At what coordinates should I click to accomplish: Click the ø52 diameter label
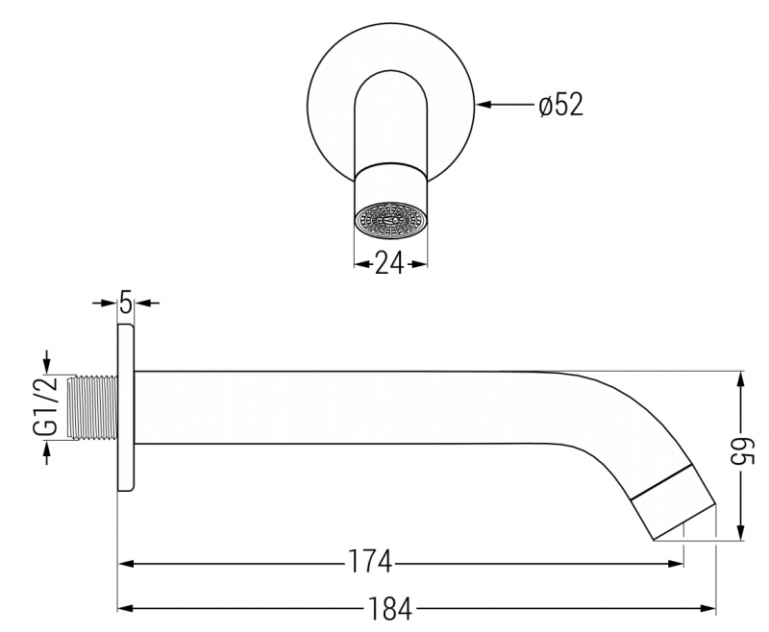coord(561,105)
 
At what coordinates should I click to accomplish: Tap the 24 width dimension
coord(390,263)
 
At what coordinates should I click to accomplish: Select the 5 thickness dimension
coord(126,303)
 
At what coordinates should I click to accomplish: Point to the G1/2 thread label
coord(45,406)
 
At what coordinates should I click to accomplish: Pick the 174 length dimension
coord(370,562)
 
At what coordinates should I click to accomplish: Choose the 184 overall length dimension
coord(390,608)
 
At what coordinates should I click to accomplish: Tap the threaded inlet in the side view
coord(92,406)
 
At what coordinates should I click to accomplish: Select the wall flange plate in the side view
coord(126,407)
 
